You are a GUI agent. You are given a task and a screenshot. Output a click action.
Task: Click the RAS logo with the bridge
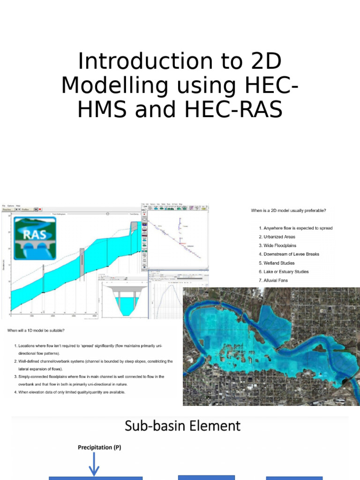pyautogui.click(x=35, y=238)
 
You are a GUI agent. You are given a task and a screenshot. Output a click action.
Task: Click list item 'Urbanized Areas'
pyautogui.click(x=279, y=237)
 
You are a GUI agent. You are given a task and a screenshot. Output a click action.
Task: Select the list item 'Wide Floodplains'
pyautogui.click(x=280, y=246)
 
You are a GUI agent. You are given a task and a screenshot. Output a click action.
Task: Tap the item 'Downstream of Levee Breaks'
pyautogui.click(x=291, y=254)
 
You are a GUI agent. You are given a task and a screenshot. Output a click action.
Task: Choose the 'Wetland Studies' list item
pyautogui.click(x=279, y=263)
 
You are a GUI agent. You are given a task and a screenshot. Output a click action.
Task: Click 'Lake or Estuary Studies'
pyautogui.click(x=286, y=272)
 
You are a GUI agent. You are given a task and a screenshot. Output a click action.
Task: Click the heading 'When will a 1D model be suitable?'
pyautogui.click(x=36, y=331)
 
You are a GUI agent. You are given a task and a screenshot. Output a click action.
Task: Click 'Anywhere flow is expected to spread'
pyautogui.click(x=298, y=228)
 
